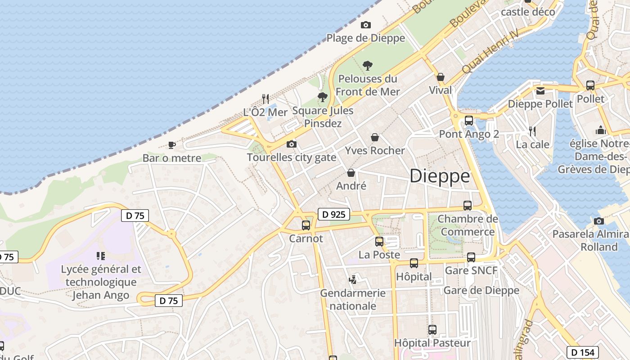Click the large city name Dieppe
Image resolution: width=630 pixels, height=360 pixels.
pos(440,176)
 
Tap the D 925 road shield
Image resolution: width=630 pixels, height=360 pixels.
pos(334,215)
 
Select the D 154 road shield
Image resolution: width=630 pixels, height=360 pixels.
pos(582,352)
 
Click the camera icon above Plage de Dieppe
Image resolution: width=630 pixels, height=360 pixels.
pos(366,25)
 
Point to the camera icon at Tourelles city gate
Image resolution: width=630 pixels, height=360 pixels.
pos(292,144)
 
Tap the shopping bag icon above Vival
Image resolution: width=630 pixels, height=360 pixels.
pos(441,77)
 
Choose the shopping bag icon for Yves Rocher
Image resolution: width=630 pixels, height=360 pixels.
pos(375,137)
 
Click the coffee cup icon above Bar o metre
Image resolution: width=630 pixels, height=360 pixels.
pos(171,145)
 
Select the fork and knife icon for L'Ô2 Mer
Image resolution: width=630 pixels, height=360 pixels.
pos(265,99)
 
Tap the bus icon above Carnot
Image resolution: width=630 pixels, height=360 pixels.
pos(306,225)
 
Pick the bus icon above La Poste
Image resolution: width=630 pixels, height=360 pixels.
pos(379,242)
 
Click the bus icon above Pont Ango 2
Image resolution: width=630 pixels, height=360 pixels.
pos(469,121)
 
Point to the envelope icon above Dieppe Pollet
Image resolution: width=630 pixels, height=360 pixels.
pos(540,91)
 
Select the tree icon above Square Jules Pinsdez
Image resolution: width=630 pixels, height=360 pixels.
pos(322,97)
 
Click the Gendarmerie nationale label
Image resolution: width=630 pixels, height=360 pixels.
pos(353,299)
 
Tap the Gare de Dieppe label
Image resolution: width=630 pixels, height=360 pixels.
pos(481,290)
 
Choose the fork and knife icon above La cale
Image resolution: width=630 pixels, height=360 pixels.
pos(532,131)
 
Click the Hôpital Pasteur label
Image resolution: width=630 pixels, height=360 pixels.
pos(432,343)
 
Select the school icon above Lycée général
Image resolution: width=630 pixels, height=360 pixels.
pos(101,256)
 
